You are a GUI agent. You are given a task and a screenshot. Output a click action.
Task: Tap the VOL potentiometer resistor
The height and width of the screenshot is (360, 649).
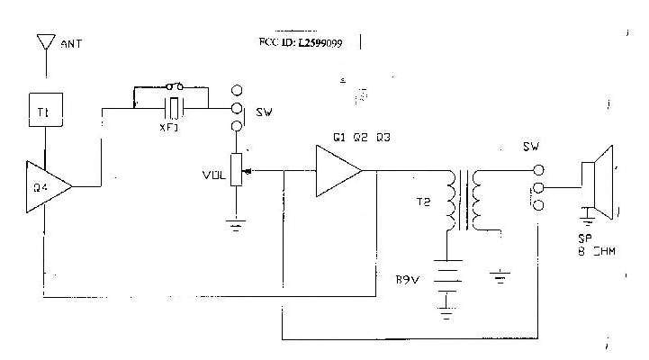237,170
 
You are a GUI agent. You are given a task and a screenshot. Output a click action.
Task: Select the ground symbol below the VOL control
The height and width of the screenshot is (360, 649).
237,225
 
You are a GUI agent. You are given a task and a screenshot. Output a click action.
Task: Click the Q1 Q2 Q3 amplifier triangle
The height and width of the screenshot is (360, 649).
337,171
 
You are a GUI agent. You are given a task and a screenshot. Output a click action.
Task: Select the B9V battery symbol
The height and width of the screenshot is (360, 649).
446,286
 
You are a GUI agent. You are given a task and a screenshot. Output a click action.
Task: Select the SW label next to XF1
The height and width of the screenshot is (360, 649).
265,113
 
